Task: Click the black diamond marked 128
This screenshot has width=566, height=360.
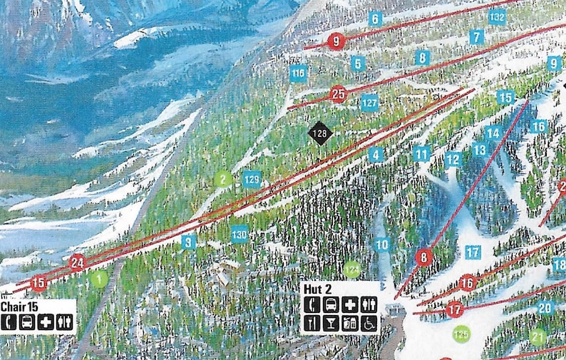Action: pyautogui.click(x=321, y=133)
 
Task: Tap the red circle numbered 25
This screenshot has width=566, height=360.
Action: pyautogui.click(x=338, y=93)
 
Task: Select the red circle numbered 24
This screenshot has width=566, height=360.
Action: pyautogui.click(x=77, y=262)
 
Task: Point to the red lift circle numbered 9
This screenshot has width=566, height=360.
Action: pyautogui.click(x=336, y=41)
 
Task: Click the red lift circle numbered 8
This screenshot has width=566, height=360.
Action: pyautogui.click(x=424, y=257)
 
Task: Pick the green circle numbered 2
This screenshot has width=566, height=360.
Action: pyautogui.click(x=224, y=179)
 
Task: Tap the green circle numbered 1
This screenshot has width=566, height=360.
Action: pyautogui.click(x=99, y=279)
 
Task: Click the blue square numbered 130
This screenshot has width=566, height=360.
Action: pyautogui.click(x=240, y=233)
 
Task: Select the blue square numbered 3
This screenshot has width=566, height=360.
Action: pyautogui.click(x=188, y=242)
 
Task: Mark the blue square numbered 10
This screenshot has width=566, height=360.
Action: pyautogui.click(x=382, y=245)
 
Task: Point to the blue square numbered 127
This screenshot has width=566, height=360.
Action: pyautogui.click(x=369, y=102)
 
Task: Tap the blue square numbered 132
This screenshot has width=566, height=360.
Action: pyautogui.click(x=498, y=16)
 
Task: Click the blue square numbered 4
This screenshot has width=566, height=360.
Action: pyautogui.click(x=376, y=154)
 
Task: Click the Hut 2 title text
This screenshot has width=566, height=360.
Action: pyautogui.click(x=318, y=288)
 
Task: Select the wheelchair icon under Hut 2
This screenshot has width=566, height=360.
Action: pyautogui.click(x=369, y=324)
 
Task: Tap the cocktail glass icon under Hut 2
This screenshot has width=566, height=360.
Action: pyautogui.click(x=331, y=324)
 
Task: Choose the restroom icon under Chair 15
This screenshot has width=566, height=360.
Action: pyautogui.click(x=65, y=322)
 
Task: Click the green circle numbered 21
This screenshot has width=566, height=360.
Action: pyautogui.click(x=537, y=336)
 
